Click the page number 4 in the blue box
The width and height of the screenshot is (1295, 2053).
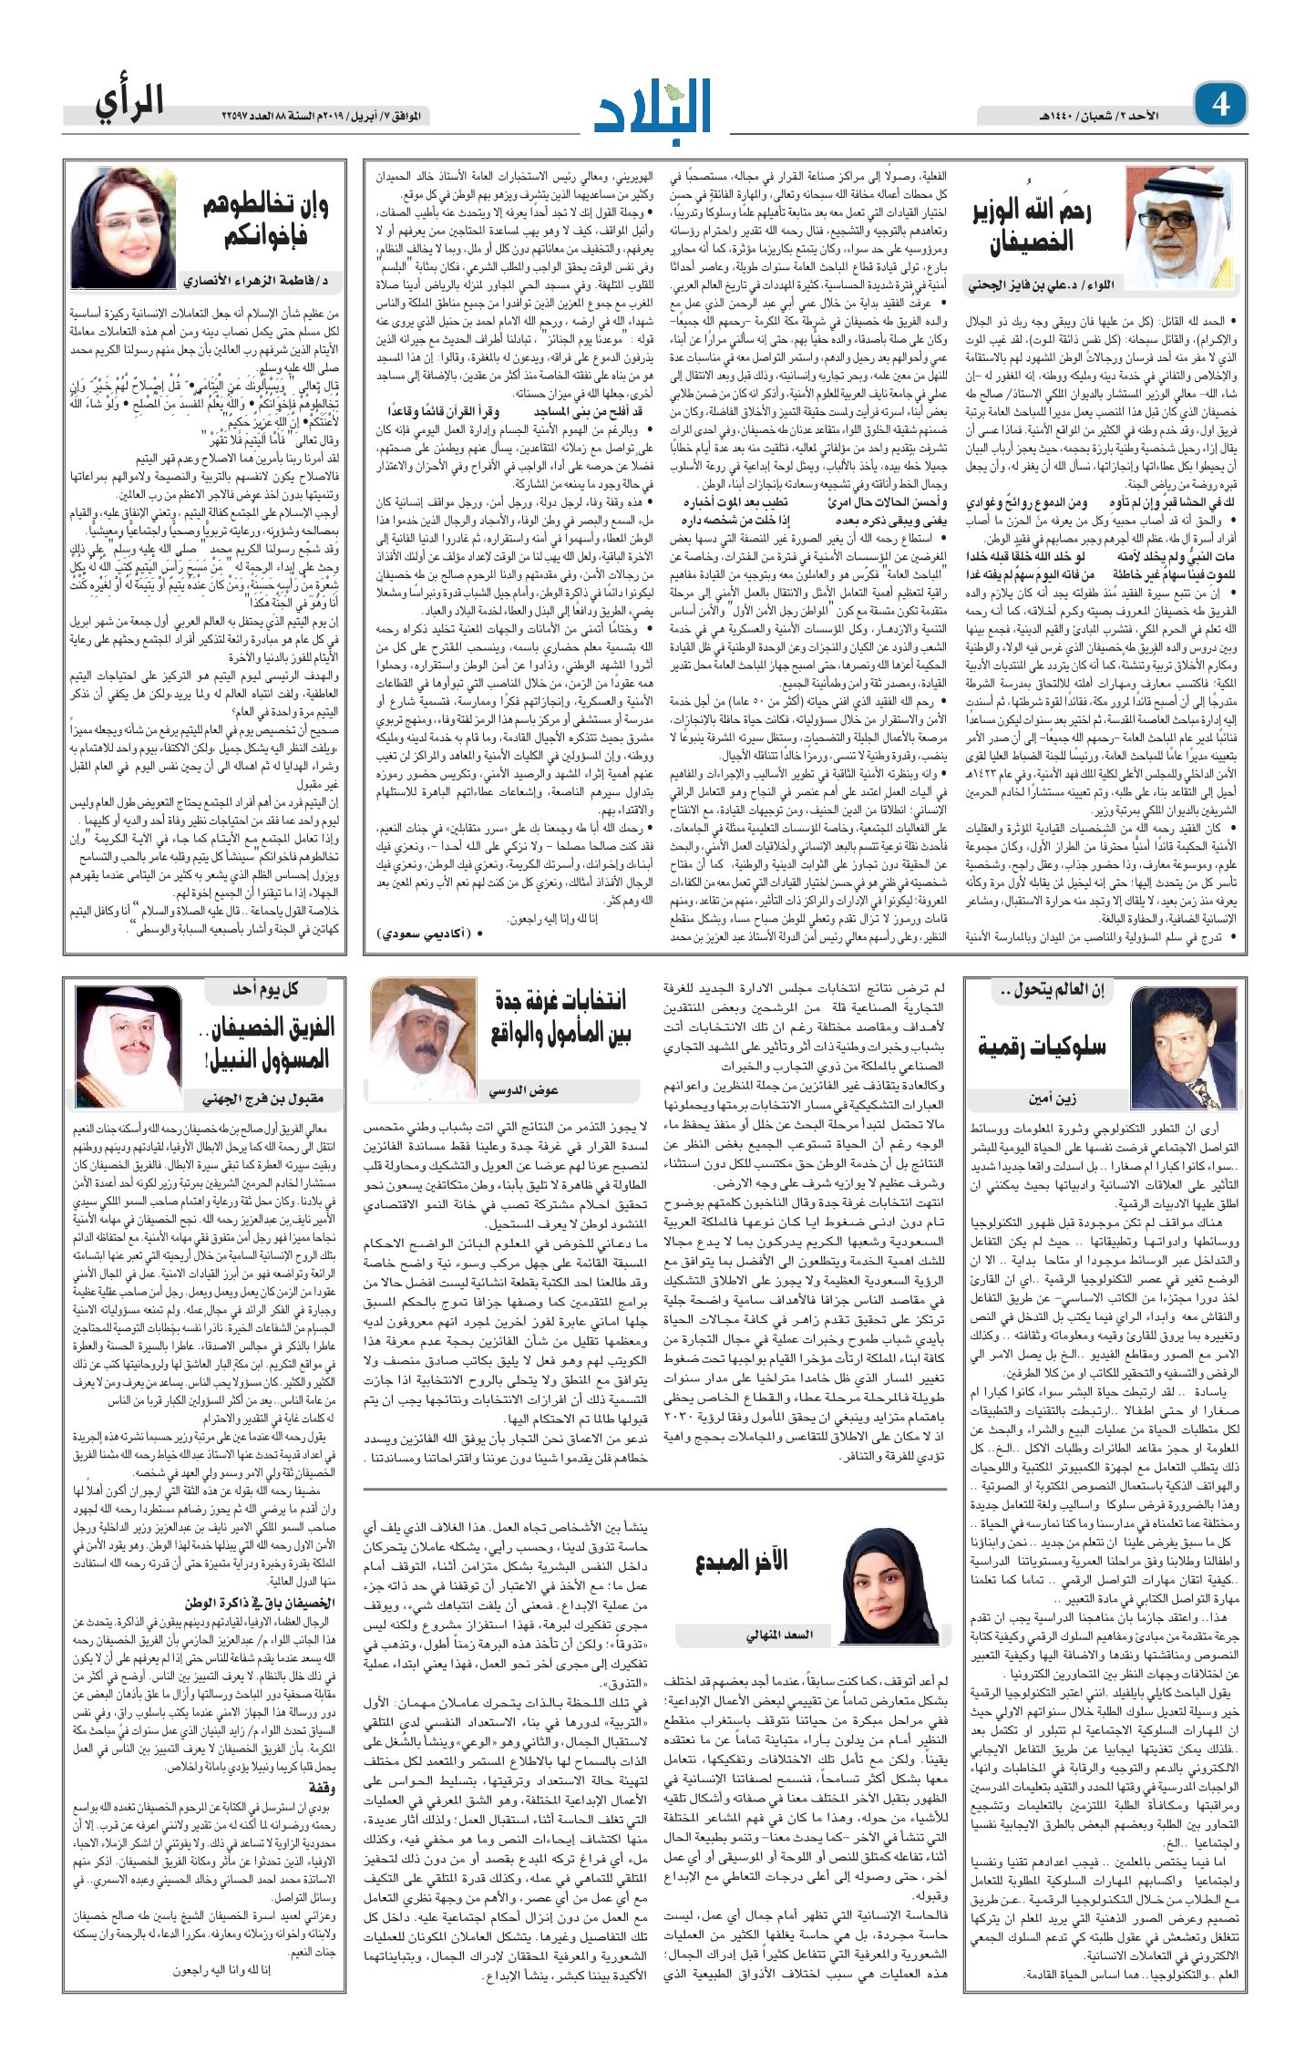point(1219,105)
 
